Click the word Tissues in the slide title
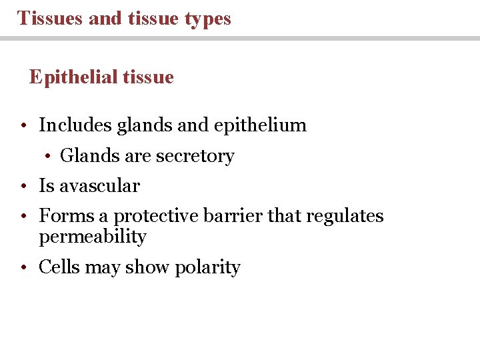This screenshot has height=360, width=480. point(49,18)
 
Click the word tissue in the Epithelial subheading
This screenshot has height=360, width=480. point(148,78)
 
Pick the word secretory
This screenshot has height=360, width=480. point(195,157)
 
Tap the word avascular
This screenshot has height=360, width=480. point(99,186)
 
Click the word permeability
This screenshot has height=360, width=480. point(93,237)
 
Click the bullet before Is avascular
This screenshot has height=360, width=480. point(23,187)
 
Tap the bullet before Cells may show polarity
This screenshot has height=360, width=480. point(23,268)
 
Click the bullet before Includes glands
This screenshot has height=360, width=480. point(23,125)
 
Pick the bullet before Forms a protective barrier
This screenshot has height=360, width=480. point(23,217)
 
